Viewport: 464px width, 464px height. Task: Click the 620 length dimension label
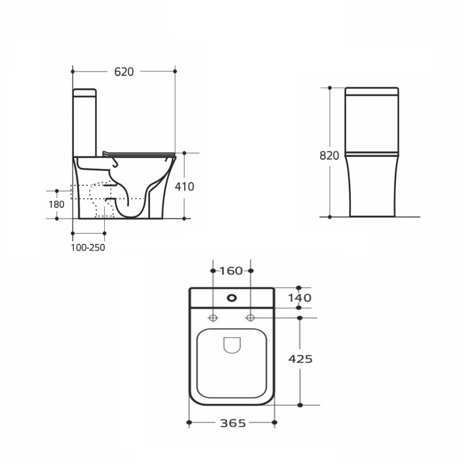[124, 72]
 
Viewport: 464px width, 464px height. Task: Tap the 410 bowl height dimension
[184, 187]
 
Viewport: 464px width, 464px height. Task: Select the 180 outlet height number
[57, 204]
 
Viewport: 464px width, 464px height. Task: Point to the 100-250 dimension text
[88, 248]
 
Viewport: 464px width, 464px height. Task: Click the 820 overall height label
[329, 156]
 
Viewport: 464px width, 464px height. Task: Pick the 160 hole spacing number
[231, 271]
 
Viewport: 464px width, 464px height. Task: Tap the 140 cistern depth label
[300, 298]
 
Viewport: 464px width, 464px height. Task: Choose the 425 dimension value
[300, 359]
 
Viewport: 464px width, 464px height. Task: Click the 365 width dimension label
[233, 424]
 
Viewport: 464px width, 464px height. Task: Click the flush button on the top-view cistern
[232, 298]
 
